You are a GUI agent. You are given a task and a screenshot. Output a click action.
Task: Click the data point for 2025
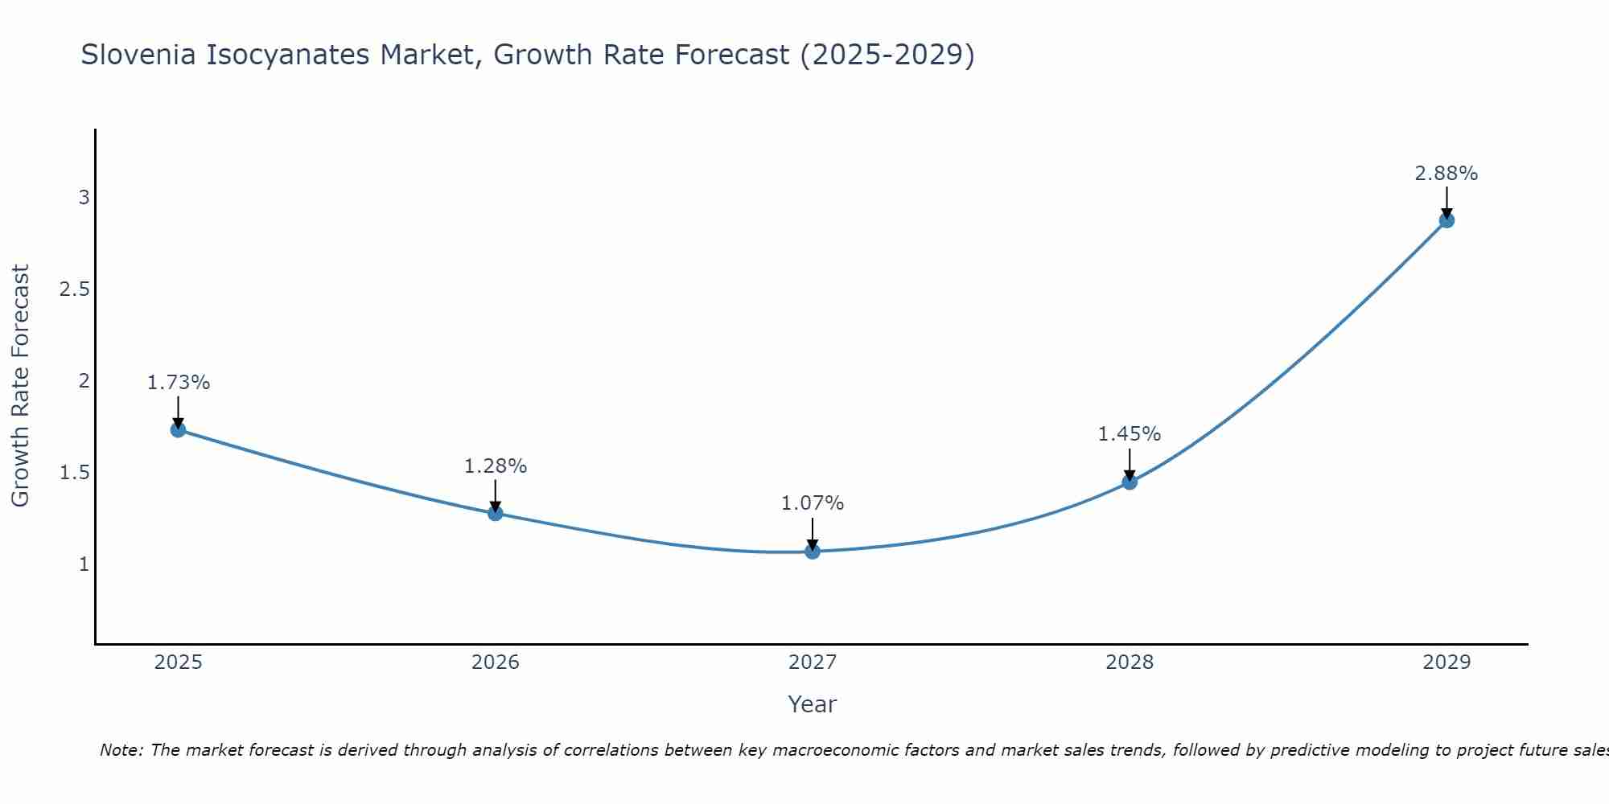[x=178, y=429]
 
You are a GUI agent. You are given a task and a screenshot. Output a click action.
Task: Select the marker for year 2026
[x=496, y=513]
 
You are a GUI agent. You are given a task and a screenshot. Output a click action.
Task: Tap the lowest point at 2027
[x=813, y=552]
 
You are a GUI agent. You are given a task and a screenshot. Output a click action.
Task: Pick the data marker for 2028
[x=1130, y=482]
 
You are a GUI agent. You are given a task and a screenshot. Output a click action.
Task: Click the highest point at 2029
[x=1446, y=220]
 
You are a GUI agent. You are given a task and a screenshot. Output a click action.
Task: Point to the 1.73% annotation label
[x=178, y=383]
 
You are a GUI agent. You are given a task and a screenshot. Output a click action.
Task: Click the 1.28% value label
[x=496, y=466]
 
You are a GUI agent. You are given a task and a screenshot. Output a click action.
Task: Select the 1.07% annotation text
[x=813, y=503]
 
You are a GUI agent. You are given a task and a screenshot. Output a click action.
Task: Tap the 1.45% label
[x=1130, y=434]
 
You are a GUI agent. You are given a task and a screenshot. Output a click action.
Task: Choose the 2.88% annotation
[x=1446, y=174]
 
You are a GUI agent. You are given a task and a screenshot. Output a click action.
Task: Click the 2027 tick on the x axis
[x=813, y=662]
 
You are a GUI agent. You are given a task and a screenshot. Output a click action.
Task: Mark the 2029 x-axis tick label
[x=1446, y=662]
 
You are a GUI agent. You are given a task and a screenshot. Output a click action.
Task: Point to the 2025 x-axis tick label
[x=178, y=662]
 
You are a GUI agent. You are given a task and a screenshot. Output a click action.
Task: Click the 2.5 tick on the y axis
[x=74, y=289]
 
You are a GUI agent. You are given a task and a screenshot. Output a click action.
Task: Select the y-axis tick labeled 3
[x=84, y=198]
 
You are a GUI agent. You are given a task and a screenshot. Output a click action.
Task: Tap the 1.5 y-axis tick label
[x=74, y=473]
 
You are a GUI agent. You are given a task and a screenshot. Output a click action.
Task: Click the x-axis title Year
[x=813, y=704]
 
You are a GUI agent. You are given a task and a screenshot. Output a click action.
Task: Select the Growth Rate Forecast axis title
[x=20, y=386]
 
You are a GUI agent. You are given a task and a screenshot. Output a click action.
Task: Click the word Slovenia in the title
[x=138, y=55]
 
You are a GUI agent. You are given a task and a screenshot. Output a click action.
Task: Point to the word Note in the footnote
[x=121, y=750]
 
